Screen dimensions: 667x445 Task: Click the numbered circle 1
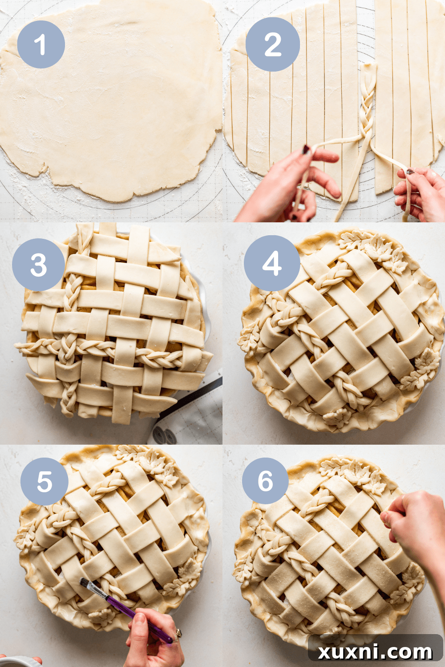[41, 44]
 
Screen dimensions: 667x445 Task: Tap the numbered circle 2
[272, 44]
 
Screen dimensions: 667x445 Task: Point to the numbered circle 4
[271, 263]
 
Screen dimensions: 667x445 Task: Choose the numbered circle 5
[44, 482]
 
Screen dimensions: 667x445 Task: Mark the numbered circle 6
[265, 481]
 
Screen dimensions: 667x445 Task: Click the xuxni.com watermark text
[375, 652]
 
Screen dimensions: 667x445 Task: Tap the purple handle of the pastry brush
[133, 614]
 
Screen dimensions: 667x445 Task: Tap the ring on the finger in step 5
[178, 633]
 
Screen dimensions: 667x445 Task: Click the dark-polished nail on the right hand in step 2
[410, 171]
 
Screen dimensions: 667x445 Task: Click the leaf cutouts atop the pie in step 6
[354, 474]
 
